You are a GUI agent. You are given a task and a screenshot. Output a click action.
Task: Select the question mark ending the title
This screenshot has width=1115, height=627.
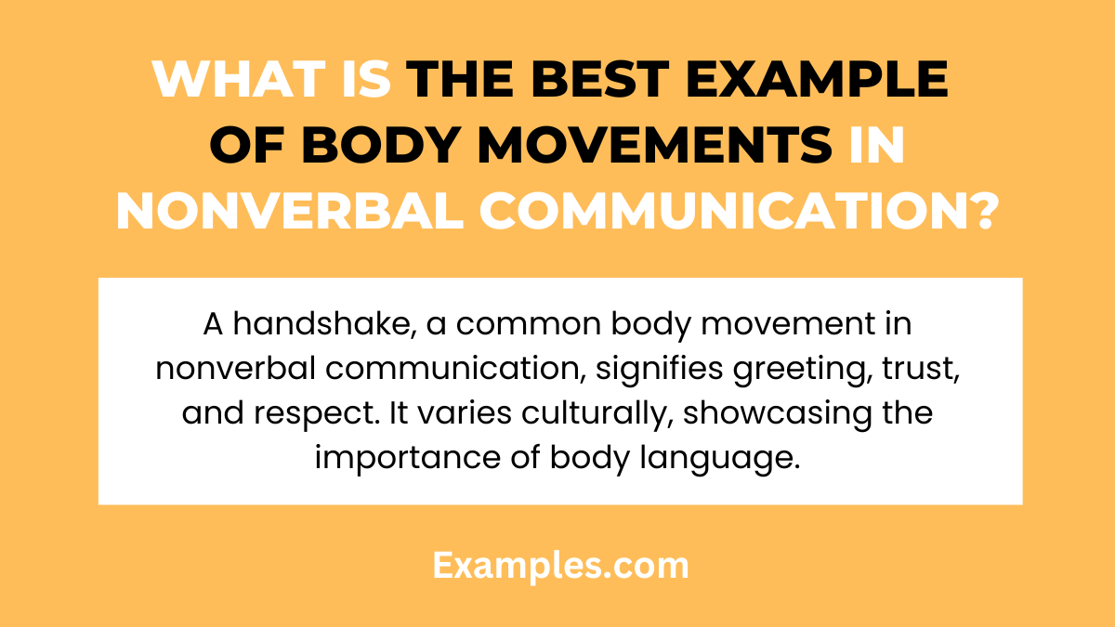coord(977,214)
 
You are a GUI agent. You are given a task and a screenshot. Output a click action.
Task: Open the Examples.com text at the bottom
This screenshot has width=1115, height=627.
coord(560,565)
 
